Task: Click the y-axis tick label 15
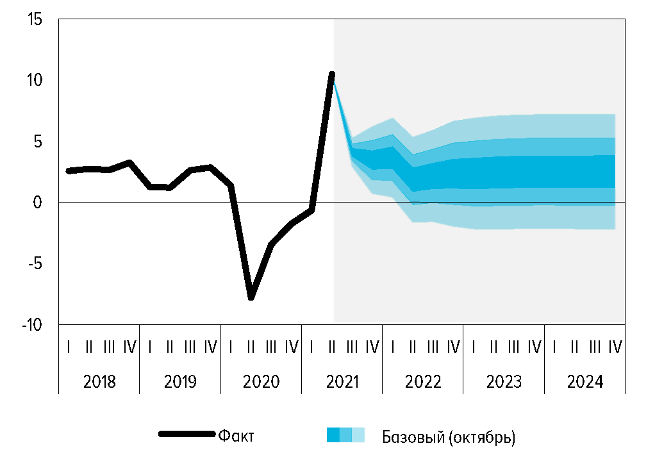tap(35, 20)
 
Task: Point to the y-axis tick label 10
tap(35, 81)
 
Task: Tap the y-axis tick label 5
tap(38, 142)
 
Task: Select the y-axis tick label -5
tap(35, 264)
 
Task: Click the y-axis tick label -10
tap(31, 325)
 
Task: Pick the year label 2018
tap(99, 382)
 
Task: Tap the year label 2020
tap(261, 382)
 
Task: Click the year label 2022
tap(423, 382)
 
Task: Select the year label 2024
tap(585, 382)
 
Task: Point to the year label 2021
tap(342, 382)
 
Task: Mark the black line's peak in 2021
tap(332, 74)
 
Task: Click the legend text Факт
tap(236, 436)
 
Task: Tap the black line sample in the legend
tap(187, 435)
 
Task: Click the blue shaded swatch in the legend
tap(345, 435)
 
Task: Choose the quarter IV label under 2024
tap(615, 347)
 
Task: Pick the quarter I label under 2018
tap(69, 347)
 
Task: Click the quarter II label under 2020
tap(251, 347)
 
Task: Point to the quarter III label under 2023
tap(513, 347)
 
